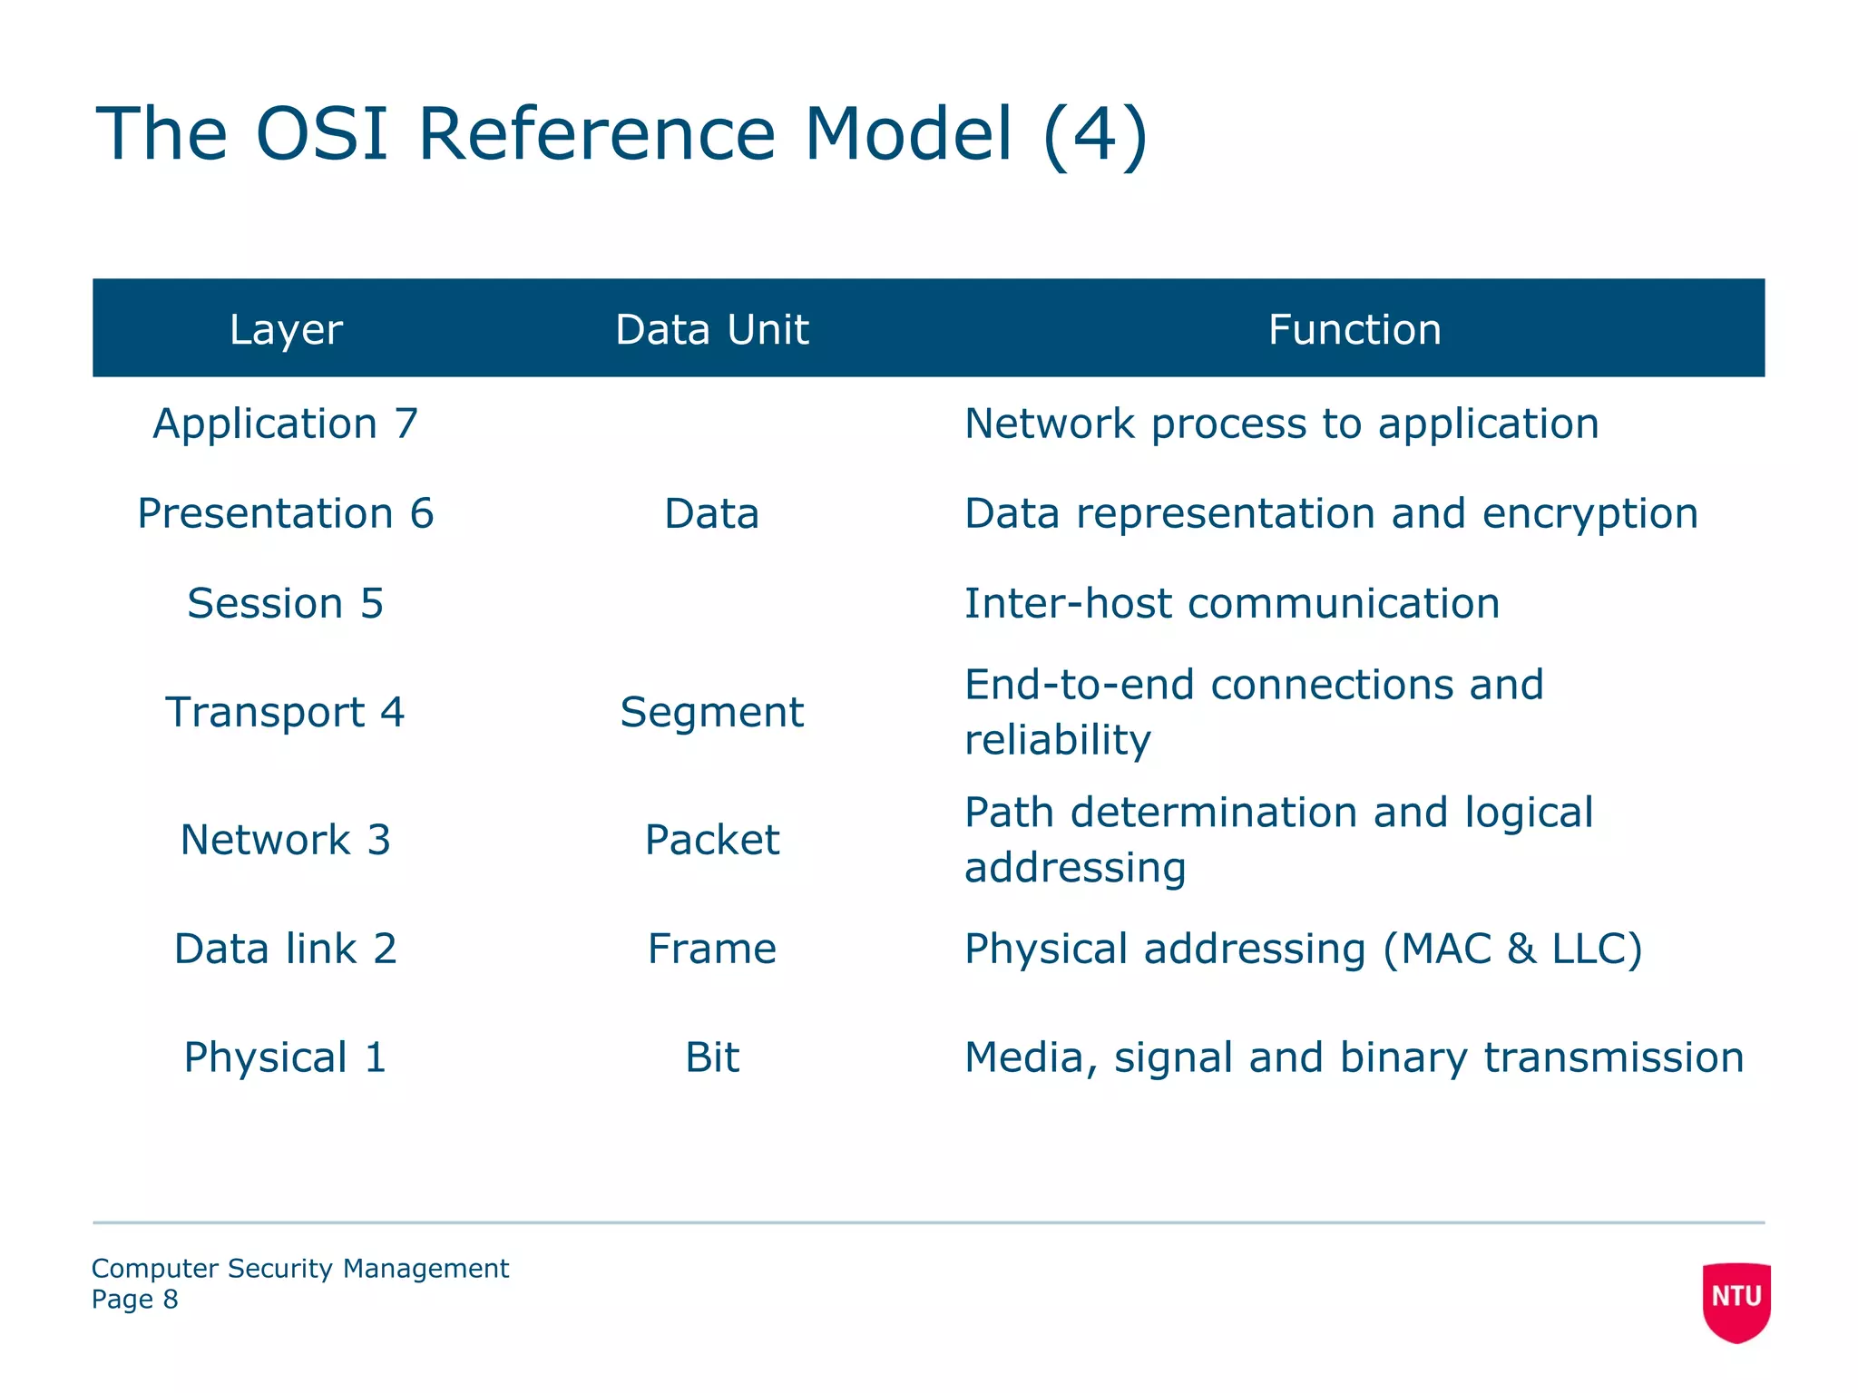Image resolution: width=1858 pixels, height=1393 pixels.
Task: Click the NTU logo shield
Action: tap(1736, 1300)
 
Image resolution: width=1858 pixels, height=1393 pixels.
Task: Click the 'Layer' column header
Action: tap(286, 329)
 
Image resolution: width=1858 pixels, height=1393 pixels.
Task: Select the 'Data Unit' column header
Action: tap(711, 329)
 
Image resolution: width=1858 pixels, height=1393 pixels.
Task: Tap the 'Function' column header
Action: tap(1354, 329)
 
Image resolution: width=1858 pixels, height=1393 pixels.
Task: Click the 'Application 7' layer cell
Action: tap(286, 424)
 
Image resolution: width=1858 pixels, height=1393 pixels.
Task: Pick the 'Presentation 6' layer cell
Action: tap(286, 514)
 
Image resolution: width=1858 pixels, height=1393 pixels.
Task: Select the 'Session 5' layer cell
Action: tap(286, 604)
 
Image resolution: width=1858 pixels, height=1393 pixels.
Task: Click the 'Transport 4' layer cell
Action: tap(286, 712)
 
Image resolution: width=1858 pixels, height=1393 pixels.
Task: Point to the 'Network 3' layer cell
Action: tap(286, 840)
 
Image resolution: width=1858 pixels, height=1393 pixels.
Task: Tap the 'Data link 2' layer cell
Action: tap(286, 950)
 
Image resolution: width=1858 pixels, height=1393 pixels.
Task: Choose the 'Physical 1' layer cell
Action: tap(286, 1057)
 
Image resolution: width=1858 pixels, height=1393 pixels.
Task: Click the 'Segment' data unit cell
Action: tap(711, 713)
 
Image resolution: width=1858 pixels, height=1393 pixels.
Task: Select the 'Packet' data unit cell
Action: tap(711, 840)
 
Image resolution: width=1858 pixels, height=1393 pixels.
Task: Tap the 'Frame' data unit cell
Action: tap(711, 950)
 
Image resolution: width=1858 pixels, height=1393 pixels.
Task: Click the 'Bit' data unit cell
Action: tap(711, 1057)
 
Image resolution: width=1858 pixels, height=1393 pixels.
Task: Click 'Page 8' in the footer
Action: tap(135, 1300)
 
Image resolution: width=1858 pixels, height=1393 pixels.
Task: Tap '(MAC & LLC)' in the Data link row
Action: tap(1512, 950)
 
